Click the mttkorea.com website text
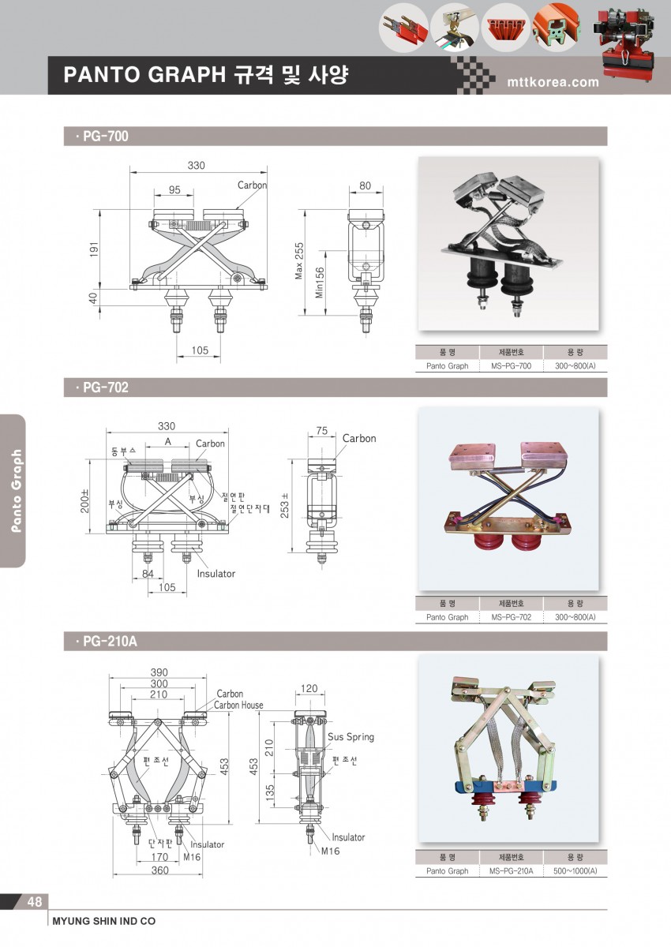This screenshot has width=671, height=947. [553, 81]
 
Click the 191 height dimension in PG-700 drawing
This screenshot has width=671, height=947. [94, 249]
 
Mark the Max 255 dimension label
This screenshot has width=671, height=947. [299, 261]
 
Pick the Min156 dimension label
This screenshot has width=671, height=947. [319, 283]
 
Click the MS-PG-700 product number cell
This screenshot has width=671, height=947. [512, 365]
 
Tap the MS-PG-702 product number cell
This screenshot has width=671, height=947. [512, 617]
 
